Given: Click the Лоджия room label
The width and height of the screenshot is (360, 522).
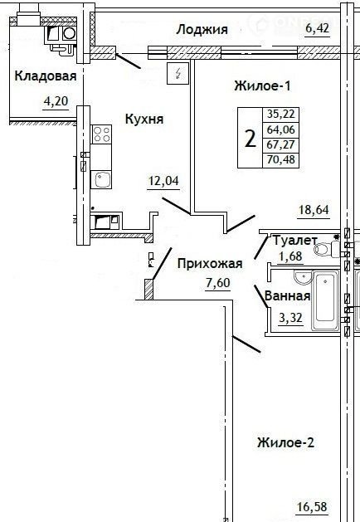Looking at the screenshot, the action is [202, 30].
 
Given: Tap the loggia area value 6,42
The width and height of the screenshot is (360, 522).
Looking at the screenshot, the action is [318, 28].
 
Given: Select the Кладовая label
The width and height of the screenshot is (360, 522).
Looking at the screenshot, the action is [46, 76].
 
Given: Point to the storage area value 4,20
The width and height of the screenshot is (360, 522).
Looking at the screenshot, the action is [56, 100].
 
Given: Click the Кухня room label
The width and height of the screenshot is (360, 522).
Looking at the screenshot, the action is [144, 119].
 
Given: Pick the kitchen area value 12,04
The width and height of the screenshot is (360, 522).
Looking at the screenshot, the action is [163, 181].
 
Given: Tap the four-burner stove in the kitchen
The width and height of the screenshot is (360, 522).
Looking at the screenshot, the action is [101, 134].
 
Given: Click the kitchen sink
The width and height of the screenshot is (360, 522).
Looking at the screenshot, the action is [101, 180].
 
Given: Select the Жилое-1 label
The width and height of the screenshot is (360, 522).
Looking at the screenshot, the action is [262, 85].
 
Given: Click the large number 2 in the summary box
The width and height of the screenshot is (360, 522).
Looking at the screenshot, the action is [251, 139].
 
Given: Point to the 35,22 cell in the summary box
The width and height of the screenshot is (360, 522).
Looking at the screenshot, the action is [281, 114].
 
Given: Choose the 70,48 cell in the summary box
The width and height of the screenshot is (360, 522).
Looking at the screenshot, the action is [281, 159].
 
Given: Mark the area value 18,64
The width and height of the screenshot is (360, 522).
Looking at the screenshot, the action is [314, 210].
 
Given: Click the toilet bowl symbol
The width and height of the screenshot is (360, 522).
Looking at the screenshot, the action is [323, 249].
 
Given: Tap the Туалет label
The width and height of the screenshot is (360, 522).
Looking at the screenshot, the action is [295, 240].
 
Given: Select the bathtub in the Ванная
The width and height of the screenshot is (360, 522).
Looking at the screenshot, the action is [325, 300].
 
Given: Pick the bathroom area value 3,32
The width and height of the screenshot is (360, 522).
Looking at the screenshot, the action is [290, 318].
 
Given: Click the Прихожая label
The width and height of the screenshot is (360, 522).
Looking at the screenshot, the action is [210, 264].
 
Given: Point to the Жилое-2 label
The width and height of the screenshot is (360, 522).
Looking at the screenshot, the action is [286, 443].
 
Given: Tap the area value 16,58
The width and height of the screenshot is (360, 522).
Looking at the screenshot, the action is [312, 507].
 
